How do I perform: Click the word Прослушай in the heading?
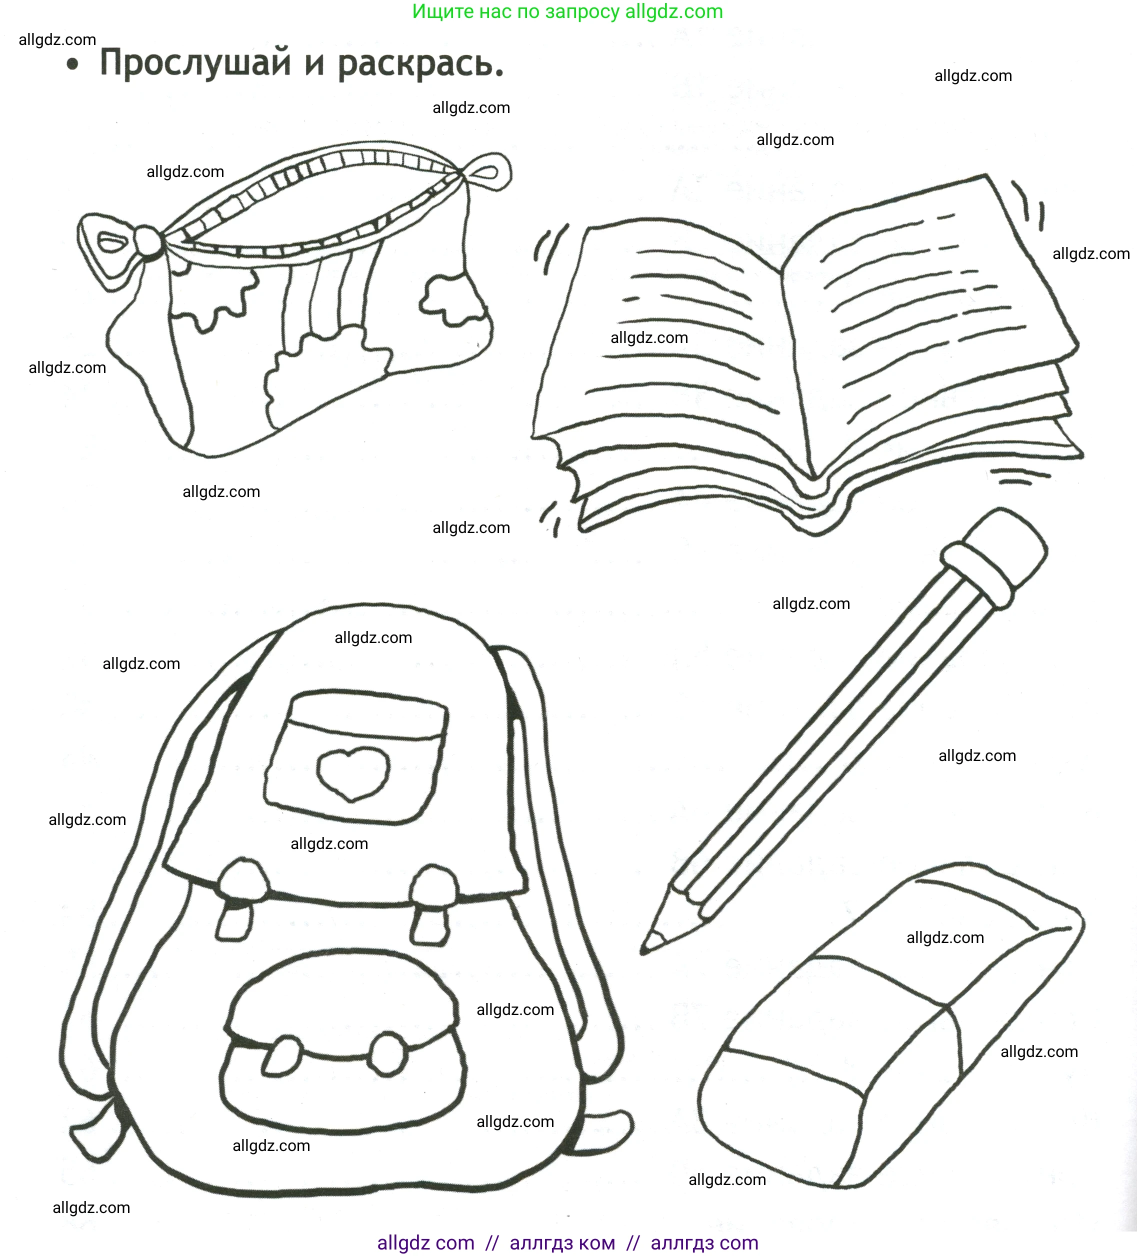pyautogui.click(x=195, y=63)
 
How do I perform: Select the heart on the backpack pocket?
pyautogui.click(x=353, y=772)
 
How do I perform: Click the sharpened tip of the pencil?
pyautogui.click(x=649, y=944)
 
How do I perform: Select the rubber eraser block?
pyautogui.click(x=891, y=1029)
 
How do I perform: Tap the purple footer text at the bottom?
pyautogui.click(x=567, y=1242)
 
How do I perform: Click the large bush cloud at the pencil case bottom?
pyautogui.click(x=324, y=374)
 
